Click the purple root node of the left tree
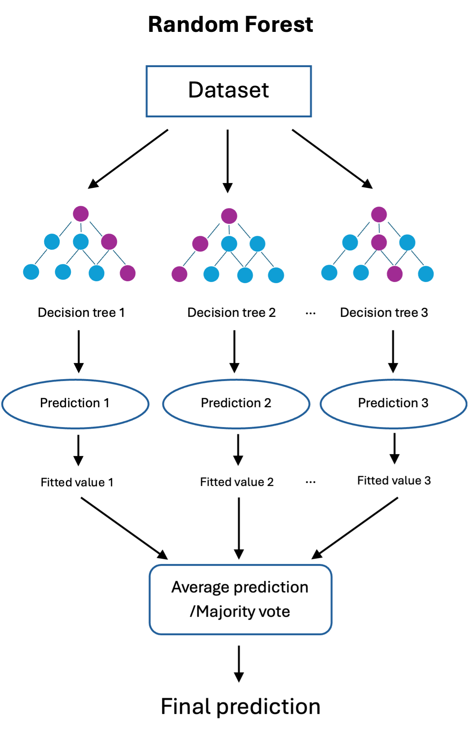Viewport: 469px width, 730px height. [x=81, y=214]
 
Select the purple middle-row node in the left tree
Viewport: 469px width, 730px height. [x=109, y=242]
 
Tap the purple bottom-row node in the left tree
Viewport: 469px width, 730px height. [x=127, y=273]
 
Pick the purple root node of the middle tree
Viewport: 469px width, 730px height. [x=229, y=216]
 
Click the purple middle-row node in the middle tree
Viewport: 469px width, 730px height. [x=200, y=244]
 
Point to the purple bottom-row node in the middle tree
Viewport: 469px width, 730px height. [x=179, y=274]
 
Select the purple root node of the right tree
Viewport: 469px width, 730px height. [x=379, y=214]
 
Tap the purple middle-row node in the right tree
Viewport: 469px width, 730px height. [x=379, y=242]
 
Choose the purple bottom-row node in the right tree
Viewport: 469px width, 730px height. [x=394, y=274]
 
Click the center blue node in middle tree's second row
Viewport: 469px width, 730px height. [x=229, y=244]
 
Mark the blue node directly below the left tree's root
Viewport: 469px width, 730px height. [x=81, y=241]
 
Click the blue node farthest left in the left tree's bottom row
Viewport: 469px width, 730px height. [x=31, y=272]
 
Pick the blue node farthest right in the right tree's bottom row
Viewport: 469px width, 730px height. [x=426, y=274]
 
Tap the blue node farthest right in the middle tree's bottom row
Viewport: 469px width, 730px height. [x=276, y=275]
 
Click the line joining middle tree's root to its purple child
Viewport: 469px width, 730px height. [x=214, y=231]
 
